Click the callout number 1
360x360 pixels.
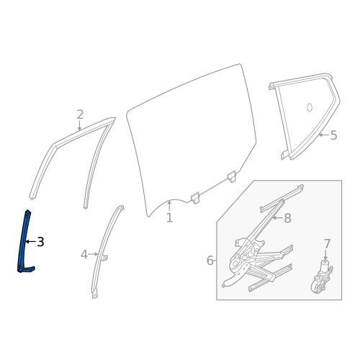[x=169, y=217]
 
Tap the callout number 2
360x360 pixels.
[x=80, y=114]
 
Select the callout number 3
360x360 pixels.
[x=40, y=242]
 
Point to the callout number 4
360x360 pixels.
[x=84, y=254]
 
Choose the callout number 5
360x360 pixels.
[x=333, y=135]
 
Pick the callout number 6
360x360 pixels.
[x=210, y=261]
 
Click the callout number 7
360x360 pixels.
[x=327, y=244]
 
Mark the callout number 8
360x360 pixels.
[x=287, y=218]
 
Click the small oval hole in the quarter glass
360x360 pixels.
[x=309, y=108]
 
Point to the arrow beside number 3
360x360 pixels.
[x=30, y=242]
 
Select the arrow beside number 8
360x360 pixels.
[x=276, y=217]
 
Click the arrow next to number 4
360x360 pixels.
[x=94, y=254]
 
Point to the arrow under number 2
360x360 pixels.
[x=80, y=126]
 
